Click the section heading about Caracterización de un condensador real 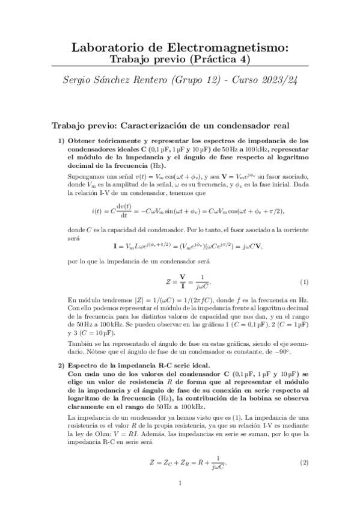(x=171, y=126)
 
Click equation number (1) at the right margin (x=304, y=282)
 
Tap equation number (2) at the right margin (x=304, y=462)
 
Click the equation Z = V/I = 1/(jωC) (x=180, y=282)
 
